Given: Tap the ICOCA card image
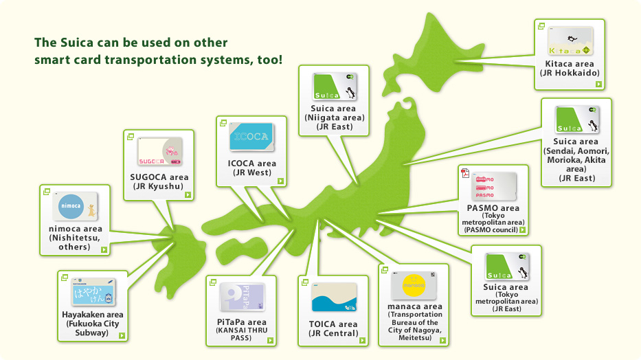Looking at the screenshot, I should (251, 137).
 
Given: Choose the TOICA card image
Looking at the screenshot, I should (334, 297).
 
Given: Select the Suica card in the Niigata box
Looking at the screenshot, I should (334, 87).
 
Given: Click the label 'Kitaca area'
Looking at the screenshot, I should (570, 64).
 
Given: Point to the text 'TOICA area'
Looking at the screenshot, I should (333, 324).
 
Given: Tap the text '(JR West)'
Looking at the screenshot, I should (251, 173).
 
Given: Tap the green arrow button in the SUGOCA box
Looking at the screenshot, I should (187, 194).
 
